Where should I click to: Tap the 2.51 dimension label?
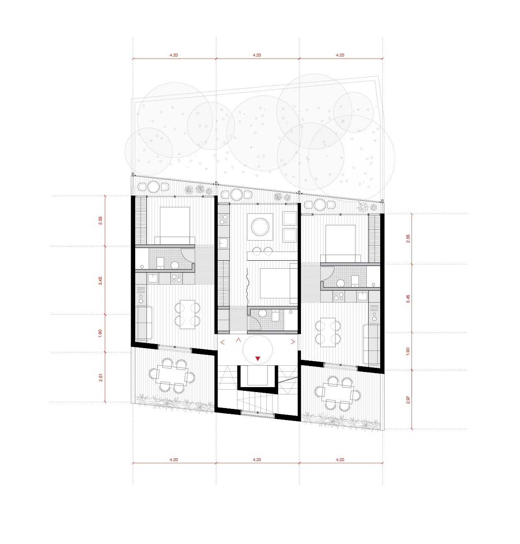(101, 377)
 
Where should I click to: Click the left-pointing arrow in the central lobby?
(223, 342)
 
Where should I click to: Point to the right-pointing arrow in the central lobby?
(293, 341)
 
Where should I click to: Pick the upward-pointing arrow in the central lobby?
(238, 340)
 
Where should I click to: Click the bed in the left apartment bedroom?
(175, 226)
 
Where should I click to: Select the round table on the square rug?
(260, 227)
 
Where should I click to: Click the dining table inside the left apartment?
(188, 315)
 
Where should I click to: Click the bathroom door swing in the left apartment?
(188, 255)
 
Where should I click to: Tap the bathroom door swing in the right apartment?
(327, 273)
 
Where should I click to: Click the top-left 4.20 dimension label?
(174, 55)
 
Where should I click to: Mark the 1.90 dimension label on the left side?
(100, 333)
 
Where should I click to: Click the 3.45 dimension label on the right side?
(408, 298)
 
